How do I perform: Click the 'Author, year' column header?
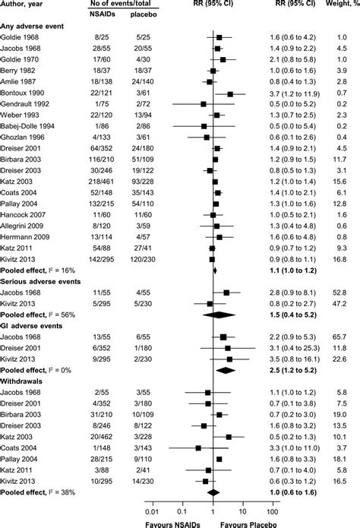[27, 5]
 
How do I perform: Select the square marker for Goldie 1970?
[223, 58]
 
